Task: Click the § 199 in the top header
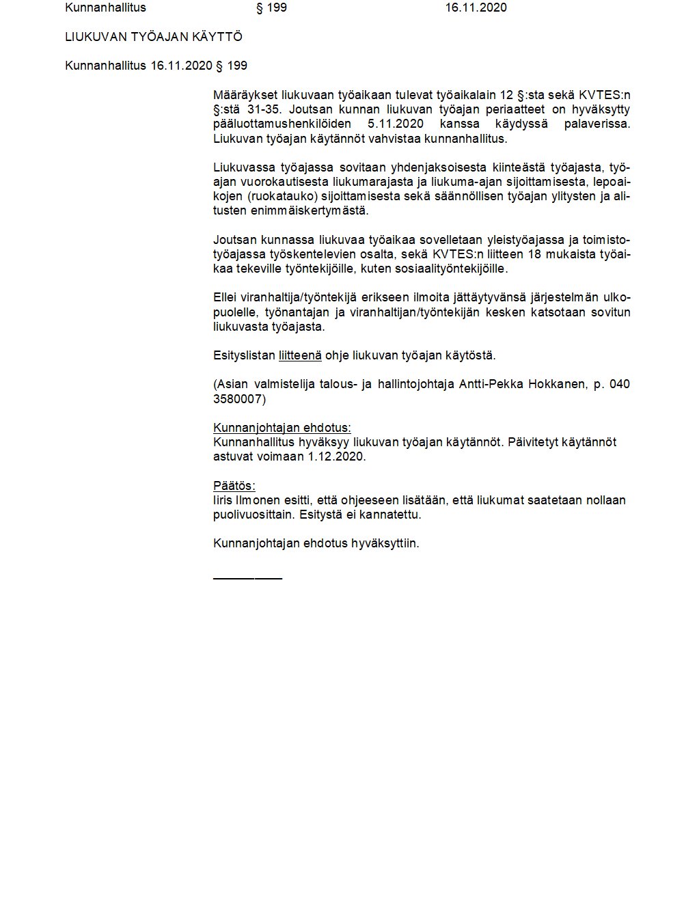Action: tap(271, 8)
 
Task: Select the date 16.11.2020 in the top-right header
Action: tap(476, 8)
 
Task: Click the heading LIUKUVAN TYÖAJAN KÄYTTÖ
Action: tap(154, 37)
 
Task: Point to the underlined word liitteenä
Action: tap(300, 355)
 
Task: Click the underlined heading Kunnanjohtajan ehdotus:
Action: tap(282, 428)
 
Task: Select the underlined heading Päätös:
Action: tap(234, 486)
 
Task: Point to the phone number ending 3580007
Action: tap(239, 398)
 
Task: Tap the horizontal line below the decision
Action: tap(247, 579)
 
